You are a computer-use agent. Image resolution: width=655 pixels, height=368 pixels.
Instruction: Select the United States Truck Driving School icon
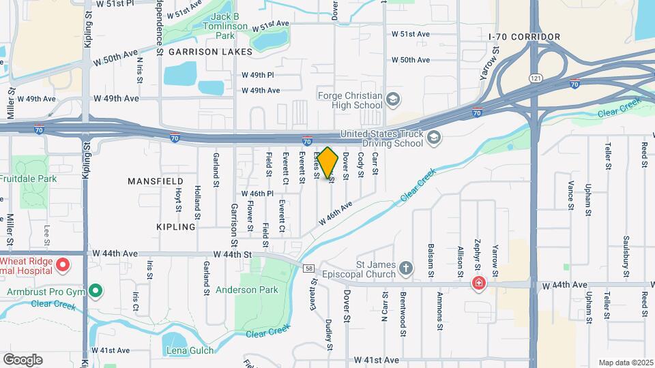(434, 138)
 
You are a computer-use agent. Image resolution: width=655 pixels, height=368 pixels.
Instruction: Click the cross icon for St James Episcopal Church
(407, 269)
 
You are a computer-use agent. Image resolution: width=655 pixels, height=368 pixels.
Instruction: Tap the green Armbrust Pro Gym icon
(96, 292)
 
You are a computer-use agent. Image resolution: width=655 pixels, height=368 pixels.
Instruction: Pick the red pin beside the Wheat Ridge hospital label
(63, 264)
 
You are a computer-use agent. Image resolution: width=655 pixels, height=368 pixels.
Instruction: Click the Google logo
(23, 360)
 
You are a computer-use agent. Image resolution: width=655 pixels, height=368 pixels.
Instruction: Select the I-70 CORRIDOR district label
(525, 37)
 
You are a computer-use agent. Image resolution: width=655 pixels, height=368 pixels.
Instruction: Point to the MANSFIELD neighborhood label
(156, 181)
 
